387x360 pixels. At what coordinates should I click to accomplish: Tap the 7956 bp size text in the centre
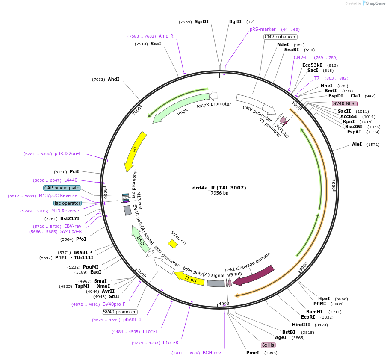tap(219, 193)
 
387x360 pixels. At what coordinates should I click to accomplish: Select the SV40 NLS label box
tap(345, 103)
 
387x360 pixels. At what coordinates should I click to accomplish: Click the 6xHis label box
tap(268, 345)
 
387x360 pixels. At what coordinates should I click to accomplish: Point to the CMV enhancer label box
tap(280, 37)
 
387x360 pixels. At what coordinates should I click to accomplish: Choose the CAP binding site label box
tap(62, 188)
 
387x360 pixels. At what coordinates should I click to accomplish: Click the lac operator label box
tap(68, 203)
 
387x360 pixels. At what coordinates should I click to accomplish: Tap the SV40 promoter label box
tap(120, 312)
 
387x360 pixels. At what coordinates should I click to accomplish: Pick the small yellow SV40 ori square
tap(173, 244)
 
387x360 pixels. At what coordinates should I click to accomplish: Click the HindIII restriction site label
tap(301, 325)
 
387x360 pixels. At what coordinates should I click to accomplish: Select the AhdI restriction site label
tap(113, 79)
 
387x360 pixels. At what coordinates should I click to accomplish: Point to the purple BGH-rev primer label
tap(212, 353)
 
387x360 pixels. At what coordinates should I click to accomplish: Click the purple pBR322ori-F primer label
tap(68, 153)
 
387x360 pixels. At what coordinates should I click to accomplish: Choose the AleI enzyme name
tap(357, 144)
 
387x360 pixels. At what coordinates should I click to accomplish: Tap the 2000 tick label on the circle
tap(333, 185)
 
